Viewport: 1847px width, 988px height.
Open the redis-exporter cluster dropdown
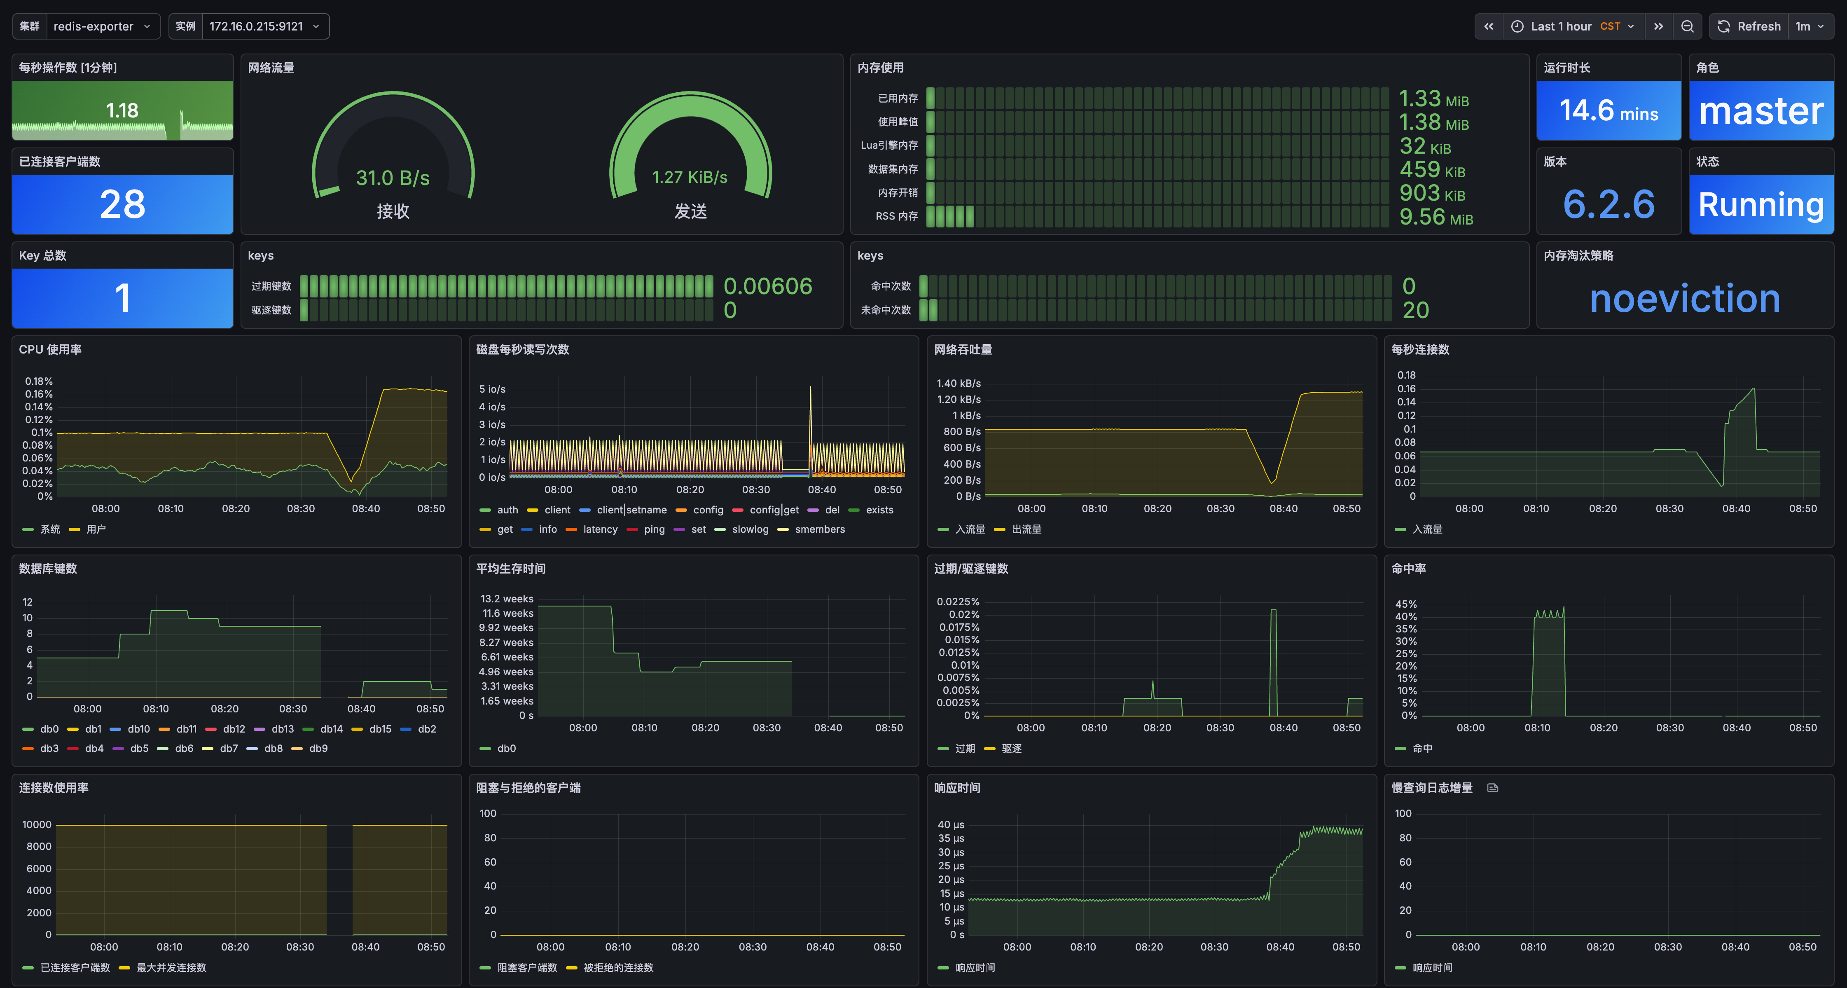(101, 26)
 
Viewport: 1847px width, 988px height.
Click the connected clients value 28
(123, 204)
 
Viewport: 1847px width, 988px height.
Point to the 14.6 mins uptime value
(1609, 111)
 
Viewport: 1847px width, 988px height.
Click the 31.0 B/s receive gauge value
(393, 178)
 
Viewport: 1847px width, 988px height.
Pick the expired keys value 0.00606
(768, 286)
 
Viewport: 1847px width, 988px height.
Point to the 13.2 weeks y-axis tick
(507, 599)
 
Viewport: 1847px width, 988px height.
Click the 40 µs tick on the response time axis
(951, 824)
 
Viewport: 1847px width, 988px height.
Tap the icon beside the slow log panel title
(1493, 788)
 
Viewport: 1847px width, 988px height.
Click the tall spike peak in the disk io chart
(811, 388)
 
